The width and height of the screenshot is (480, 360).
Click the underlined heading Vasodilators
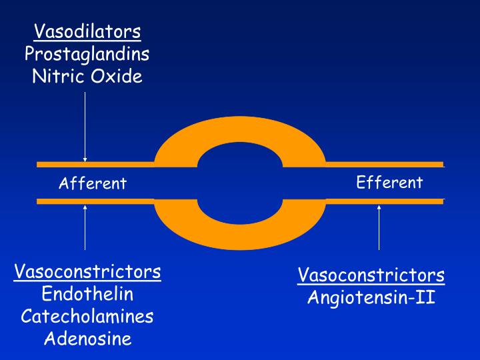(87, 31)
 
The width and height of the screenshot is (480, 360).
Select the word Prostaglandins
(87, 53)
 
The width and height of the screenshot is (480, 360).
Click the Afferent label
(93, 183)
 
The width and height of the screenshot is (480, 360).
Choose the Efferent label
(389, 182)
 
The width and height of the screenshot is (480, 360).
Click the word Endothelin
(87, 294)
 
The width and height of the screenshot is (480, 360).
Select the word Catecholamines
(87, 316)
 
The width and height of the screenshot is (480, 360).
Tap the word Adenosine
(87, 339)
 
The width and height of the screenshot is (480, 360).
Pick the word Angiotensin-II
(371, 297)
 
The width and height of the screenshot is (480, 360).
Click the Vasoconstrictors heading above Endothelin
(87, 272)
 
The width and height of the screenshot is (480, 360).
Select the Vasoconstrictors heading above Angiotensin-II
(371, 275)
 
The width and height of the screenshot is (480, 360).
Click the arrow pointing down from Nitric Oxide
(85, 127)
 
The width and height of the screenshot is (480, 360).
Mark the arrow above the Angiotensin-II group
(379, 227)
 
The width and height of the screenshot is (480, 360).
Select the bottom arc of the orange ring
(240, 233)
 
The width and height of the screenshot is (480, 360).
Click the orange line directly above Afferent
(93, 164)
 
